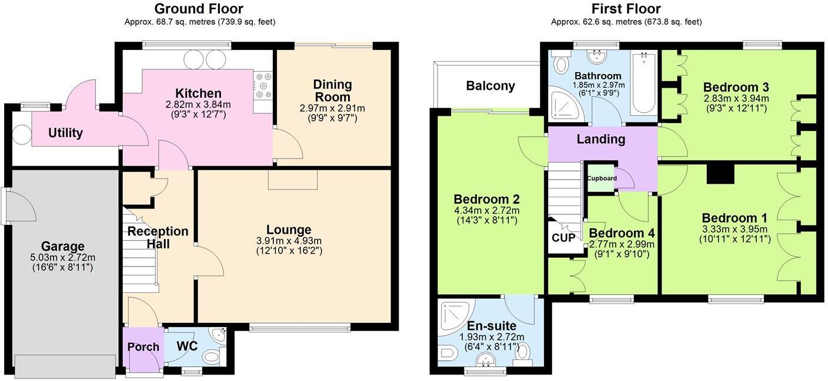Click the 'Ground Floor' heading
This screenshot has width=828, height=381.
tap(199, 9)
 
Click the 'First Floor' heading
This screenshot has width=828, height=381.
tap(626, 9)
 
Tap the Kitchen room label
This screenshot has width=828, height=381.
tap(198, 93)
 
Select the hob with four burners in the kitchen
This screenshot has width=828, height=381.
tap(263, 85)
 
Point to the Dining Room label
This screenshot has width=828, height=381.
tap(332, 90)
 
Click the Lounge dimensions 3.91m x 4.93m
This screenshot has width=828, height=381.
tap(289, 241)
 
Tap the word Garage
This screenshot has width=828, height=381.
tap(63, 246)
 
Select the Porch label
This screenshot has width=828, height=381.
tap(143, 347)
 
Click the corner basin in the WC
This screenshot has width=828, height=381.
tap(219, 335)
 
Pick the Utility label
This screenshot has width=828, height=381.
tap(65, 133)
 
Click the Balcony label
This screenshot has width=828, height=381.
tap(490, 86)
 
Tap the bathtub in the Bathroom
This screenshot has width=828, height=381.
tap(644, 83)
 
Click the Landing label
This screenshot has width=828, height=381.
tap(600, 139)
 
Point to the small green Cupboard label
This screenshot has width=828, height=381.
tap(602, 178)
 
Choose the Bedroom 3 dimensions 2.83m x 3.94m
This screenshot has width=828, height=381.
tap(736, 98)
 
